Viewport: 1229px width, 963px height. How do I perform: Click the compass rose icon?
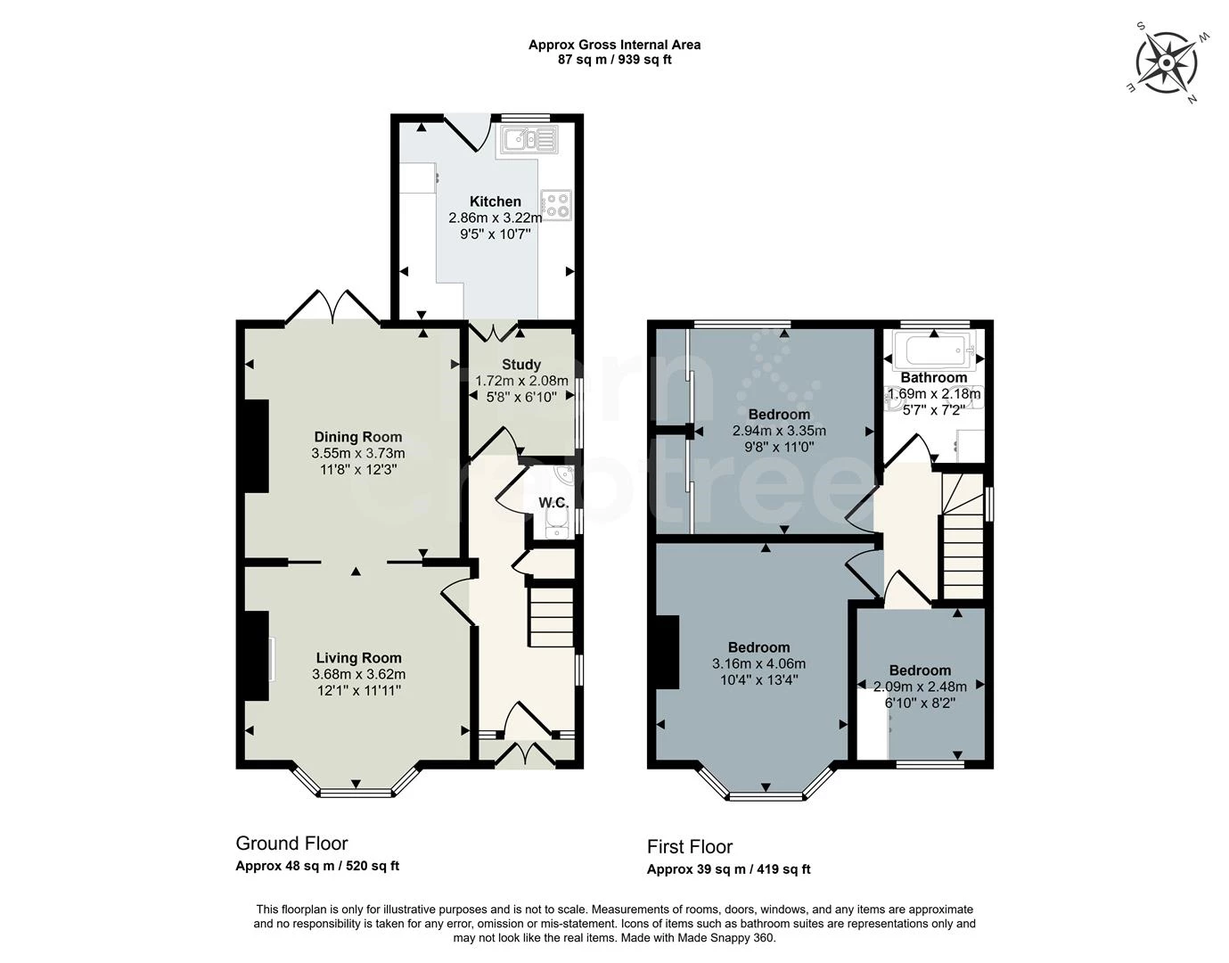click(1166, 62)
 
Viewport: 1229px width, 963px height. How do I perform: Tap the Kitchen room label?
click(495, 202)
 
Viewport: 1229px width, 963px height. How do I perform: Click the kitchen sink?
click(528, 139)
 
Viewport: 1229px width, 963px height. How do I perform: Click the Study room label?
click(520, 364)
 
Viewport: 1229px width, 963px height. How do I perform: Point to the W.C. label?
click(553, 503)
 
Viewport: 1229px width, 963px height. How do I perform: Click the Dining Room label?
click(357, 437)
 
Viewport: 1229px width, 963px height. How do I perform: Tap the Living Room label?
click(358, 658)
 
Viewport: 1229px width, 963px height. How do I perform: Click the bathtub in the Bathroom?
click(932, 350)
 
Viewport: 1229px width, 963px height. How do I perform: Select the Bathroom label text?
click(933, 377)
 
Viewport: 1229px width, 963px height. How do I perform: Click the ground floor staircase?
click(552, 615)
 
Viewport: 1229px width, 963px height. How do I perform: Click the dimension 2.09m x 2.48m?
click(920, 687)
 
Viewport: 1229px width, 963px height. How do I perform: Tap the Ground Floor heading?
click(291, 844)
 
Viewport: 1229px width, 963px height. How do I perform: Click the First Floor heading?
click(690, 847)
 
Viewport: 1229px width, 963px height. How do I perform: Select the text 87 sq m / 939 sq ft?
click(614, 60)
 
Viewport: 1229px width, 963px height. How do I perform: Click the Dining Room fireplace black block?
click(257, 446)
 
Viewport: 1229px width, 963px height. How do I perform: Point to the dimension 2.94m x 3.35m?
click(779, 431)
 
